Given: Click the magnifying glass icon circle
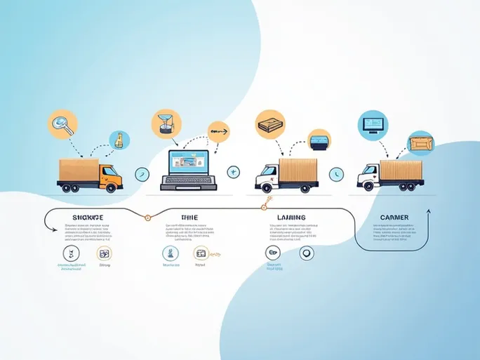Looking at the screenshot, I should tap(61, 124).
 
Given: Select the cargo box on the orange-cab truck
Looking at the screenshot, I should tap(79, 168).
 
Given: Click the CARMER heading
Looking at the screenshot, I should tap(394, 218).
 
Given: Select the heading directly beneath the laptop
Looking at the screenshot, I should tap(189, 218).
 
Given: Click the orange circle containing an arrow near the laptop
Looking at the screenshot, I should tap(218, 131).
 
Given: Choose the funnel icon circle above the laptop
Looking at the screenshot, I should tap(165, 123).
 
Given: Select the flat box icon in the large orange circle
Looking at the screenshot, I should tap(269, 124).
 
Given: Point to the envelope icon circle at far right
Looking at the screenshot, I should tap(420, 143).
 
